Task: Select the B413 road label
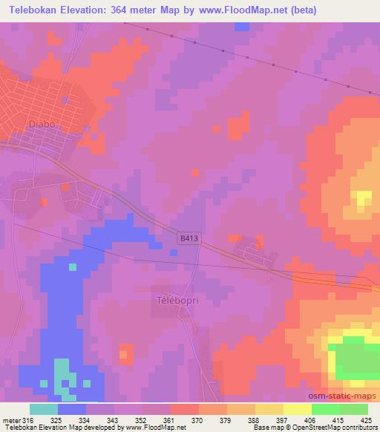(189, 239)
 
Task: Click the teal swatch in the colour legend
(44, 409)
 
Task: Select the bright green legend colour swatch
(326, 409)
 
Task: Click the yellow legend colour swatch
(298, 409)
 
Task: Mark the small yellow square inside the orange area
(363, 198)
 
